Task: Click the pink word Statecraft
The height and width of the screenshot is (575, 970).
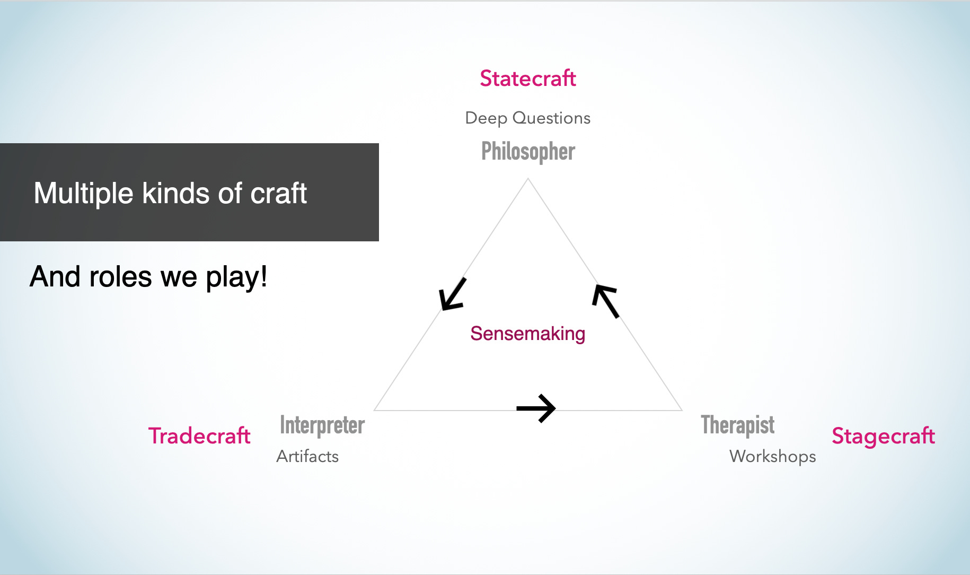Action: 527,79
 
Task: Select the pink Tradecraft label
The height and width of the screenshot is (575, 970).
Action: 199,436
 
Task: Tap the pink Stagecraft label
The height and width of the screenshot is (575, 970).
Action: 883,436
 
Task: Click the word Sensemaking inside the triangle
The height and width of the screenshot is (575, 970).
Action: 527,334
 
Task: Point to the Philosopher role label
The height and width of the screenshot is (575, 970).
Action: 528,152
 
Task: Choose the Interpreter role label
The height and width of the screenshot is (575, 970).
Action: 322,425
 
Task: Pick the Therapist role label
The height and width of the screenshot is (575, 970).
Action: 737,425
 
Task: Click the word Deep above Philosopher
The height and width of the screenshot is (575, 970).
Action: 486,118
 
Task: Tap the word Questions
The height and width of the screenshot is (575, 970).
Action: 551,118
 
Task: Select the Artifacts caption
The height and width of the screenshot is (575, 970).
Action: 307,456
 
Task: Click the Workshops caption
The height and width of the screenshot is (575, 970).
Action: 772,456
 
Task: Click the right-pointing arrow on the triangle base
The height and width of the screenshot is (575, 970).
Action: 536,408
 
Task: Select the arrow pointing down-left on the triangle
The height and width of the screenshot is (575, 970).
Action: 452,294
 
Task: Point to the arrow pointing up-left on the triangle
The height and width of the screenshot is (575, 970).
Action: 606,300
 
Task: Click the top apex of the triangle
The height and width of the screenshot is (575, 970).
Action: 528,179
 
